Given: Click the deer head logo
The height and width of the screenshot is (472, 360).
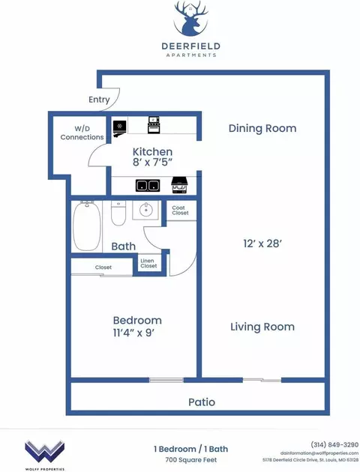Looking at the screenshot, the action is point(190,19).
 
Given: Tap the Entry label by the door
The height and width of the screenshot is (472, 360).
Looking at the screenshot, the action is point(99,100).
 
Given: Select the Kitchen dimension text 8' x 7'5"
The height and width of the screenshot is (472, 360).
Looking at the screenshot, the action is point(152,163).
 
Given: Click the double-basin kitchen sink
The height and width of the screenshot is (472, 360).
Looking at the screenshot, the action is point(148,186).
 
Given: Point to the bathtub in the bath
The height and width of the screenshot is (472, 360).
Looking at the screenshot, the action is point(87,226).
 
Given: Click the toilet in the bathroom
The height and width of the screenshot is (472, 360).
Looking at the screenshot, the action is point(118,214).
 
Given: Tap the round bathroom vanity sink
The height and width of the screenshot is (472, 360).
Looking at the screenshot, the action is point(145,210).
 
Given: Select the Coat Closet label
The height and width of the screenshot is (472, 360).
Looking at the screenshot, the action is point(180,210).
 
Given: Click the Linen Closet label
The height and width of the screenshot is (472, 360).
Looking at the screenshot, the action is point(148,264).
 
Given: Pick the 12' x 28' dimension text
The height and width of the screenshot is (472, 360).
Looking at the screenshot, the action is point(262,243).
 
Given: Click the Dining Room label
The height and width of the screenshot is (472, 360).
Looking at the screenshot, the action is point(262,128).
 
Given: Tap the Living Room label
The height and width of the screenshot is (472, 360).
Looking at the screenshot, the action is point(262,327).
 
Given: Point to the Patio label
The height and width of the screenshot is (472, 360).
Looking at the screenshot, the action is point(202,402).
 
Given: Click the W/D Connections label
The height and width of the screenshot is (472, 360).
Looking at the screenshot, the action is point(82,133).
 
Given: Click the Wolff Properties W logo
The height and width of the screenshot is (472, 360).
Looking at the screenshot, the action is point(44,452).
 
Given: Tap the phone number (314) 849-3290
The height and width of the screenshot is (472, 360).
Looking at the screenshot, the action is point(334,444).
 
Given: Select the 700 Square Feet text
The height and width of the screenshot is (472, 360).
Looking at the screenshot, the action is point(191,460).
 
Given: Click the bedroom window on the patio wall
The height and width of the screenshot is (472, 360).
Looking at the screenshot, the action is point(166,380).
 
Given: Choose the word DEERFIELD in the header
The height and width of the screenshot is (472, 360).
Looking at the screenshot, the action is point(190,46).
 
